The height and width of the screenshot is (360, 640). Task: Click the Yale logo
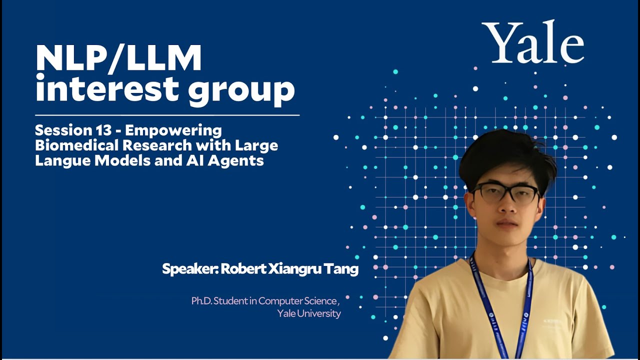click(x=533, y=42)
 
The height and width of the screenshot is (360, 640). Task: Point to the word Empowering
click(x=173, y=131)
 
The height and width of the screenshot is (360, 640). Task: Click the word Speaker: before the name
click(x=189, y=269)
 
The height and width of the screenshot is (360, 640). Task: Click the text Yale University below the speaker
click(x=308, y=313)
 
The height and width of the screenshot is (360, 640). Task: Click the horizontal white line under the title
click(x=167, y=115)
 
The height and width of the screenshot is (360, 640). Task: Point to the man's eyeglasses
click(x=505, y=193)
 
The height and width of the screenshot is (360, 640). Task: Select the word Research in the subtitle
click(x=153, y=145)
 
